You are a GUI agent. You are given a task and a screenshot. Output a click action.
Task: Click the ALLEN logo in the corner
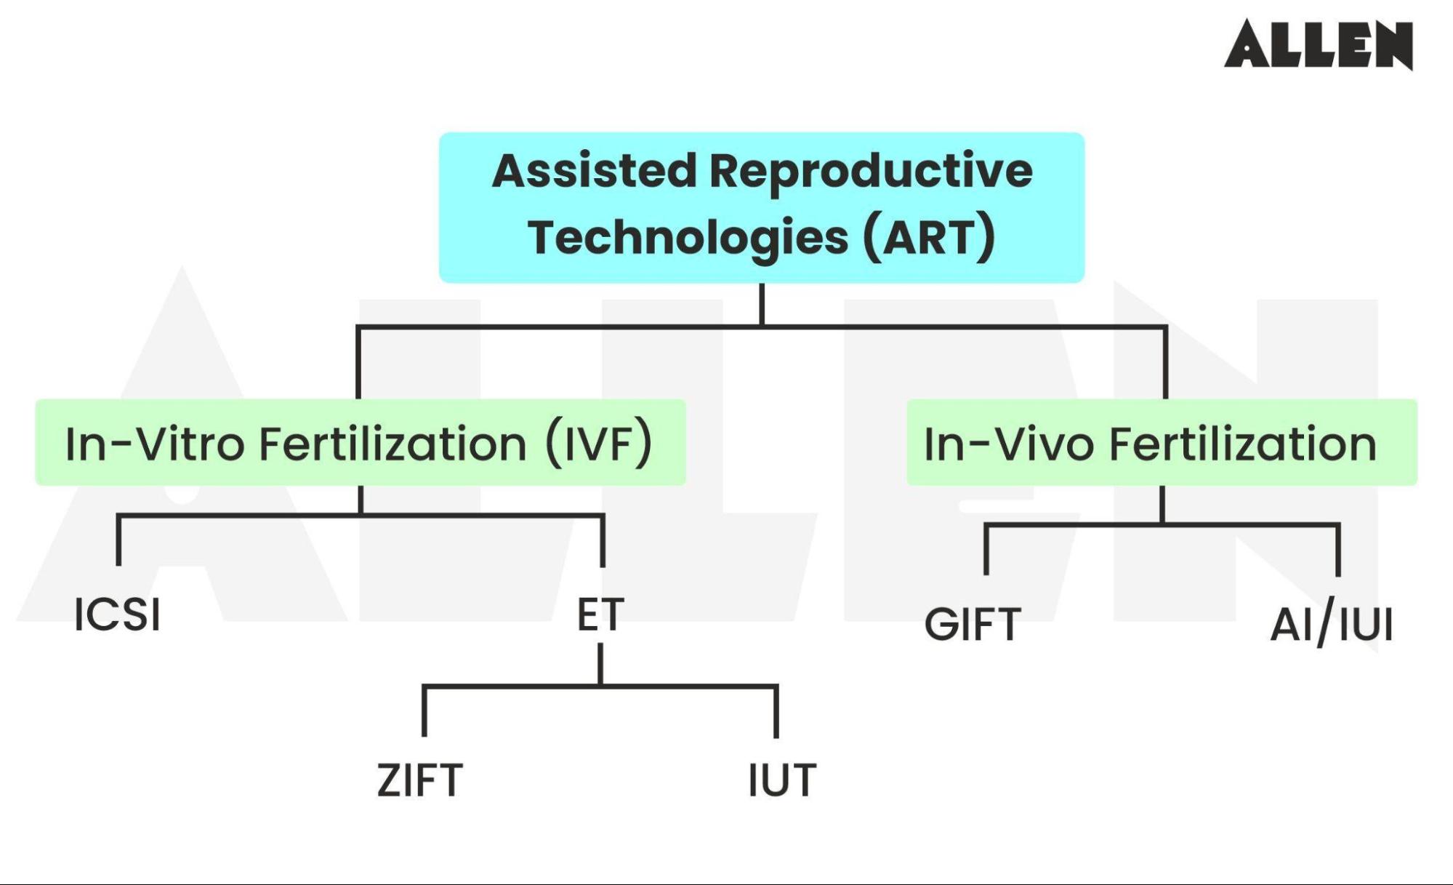point(1318,44)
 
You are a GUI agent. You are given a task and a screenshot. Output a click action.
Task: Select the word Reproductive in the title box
point(870,171)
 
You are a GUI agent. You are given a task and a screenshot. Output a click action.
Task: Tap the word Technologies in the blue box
point(688,238)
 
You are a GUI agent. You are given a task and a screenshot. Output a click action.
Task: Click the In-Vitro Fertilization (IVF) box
point(360,442)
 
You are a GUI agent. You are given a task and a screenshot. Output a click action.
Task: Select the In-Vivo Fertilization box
point(1161,442)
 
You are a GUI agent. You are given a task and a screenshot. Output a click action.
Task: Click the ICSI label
point(117,614)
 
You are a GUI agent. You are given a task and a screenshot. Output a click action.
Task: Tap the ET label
point(600,614)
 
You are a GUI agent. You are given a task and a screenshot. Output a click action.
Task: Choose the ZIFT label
point(419,780)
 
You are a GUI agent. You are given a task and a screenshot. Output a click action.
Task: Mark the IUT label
point(782,780)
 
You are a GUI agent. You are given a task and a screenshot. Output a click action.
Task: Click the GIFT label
point(973,624)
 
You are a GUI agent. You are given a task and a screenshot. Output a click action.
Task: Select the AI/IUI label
point(1332,624)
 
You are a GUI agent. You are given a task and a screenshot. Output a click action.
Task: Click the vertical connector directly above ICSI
point(118,542)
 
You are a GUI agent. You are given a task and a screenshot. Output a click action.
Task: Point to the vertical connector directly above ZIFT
point(424,711)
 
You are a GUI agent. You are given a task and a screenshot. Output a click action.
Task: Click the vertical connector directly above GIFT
point(986,550)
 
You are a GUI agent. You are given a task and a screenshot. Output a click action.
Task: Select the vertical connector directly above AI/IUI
point(1338,550)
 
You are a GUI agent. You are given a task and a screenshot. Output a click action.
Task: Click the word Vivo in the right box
point(1045,444)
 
